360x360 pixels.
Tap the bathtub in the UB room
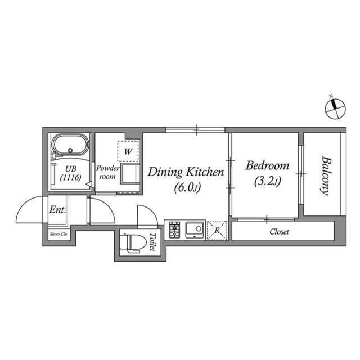[x=70, y=147]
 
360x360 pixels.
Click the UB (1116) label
[x=71, y=172]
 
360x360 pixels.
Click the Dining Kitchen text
[x=186, y=172]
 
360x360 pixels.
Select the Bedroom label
[x=268, y=166]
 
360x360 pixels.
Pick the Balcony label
[x=325, y=174]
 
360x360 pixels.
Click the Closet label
[x=279, y=231]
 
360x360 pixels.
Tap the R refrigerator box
[x=217, y=231]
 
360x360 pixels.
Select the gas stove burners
[x=174, y=230]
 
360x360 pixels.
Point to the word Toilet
[x=152, y=242]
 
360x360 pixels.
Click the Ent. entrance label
[x=57, y=210]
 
